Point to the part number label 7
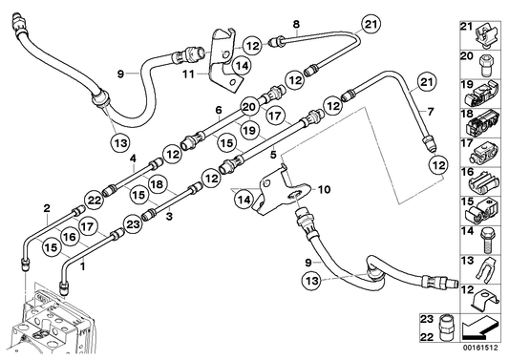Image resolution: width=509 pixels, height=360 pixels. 431,113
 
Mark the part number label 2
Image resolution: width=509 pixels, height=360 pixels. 44,206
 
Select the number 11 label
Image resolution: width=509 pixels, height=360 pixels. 189,74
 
